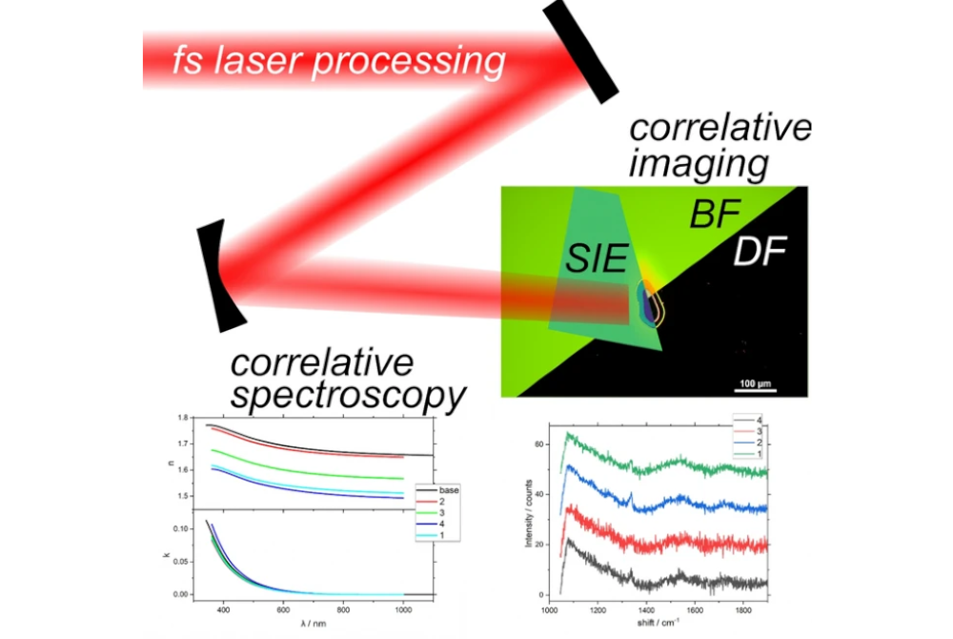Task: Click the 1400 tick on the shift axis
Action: tap(646, 608)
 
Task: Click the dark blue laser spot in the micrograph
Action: tap(649, 307)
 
